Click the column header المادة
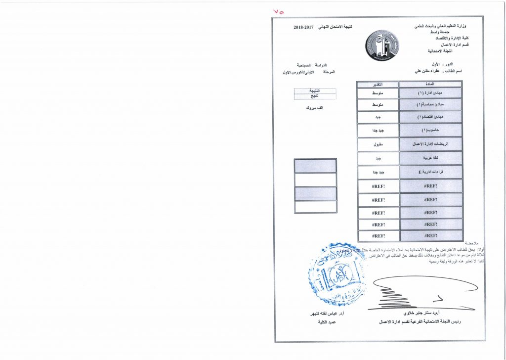[x=431, y=84]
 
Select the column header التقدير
[x=378, y=84]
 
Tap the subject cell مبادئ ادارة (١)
[x=431, y=92]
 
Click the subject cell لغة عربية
[x=431, y=158]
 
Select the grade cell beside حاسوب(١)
[x=378, y=131]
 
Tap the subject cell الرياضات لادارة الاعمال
[x=431, y=144]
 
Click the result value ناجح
[x=315, y=96]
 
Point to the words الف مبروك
[x=315, y=107]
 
